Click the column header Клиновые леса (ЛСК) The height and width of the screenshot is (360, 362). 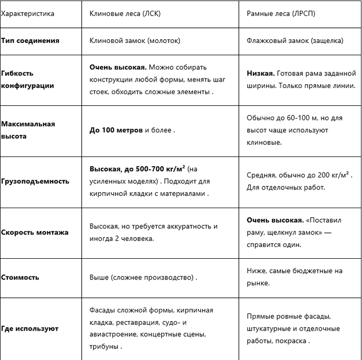(x=125, y=14)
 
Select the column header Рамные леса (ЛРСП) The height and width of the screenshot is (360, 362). (x=281, y=14)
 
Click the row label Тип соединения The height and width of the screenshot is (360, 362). (x=30, y=40)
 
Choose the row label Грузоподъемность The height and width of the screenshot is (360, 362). (x=35, y=181)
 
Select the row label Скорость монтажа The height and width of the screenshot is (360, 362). (x=35, y=232)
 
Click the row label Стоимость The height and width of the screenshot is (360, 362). (x=20, y=277)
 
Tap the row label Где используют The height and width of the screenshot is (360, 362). (x=29, y=328)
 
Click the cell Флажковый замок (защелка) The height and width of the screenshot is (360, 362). (x=299, y=40)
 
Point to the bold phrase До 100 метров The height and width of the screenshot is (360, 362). (x=116, y=131)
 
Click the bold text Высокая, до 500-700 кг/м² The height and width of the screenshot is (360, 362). (x=138, y=169)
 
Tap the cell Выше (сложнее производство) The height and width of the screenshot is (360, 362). (x=143, y=277)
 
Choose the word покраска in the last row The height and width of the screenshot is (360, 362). (x=294, y=341)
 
